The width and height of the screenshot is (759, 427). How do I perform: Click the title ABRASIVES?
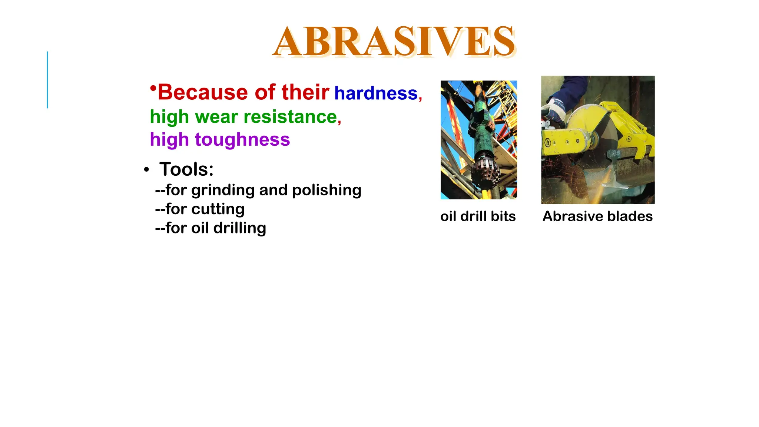[x=394, y=41]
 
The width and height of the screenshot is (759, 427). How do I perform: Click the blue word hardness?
[x=376, y=93]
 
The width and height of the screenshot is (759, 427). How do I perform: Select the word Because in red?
[x=202, y=92]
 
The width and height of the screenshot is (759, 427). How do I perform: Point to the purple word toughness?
[x=242, y=140]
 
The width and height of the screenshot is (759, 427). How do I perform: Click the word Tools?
[x=186, y=169]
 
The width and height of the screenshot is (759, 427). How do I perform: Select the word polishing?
[x=327, y=190]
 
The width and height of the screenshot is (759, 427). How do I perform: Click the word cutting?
[x=218, y=209]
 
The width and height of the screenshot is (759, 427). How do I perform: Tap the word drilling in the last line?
[x=240, y=228]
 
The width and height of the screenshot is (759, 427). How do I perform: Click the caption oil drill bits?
[x=478, y=216]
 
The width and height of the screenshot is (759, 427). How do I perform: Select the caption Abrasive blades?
[x=597, y=216]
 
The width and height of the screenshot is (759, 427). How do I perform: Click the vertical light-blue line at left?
[x=47, y=80]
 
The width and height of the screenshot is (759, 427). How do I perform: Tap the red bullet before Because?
[x=153, y=87]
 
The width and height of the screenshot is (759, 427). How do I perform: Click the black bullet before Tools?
[x=146, y=170]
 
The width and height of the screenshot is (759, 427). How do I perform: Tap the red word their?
[x=305, y=92]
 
